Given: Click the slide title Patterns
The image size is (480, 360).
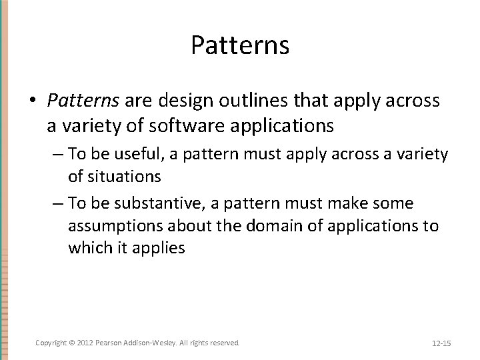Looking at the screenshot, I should tap(239, 45).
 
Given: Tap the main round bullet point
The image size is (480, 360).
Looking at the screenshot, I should tap(33, 101).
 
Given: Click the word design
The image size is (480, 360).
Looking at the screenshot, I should tap(169, 100).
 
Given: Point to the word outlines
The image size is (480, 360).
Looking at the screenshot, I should tap(237, 100).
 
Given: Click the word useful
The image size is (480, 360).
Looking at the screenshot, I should tap(142, 155).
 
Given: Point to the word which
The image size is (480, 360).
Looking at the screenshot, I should tap(89, 248).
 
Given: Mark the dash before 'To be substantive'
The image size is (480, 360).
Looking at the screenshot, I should tap(57, 203).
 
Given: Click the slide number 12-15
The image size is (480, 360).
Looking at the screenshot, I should tap(441, 343).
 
